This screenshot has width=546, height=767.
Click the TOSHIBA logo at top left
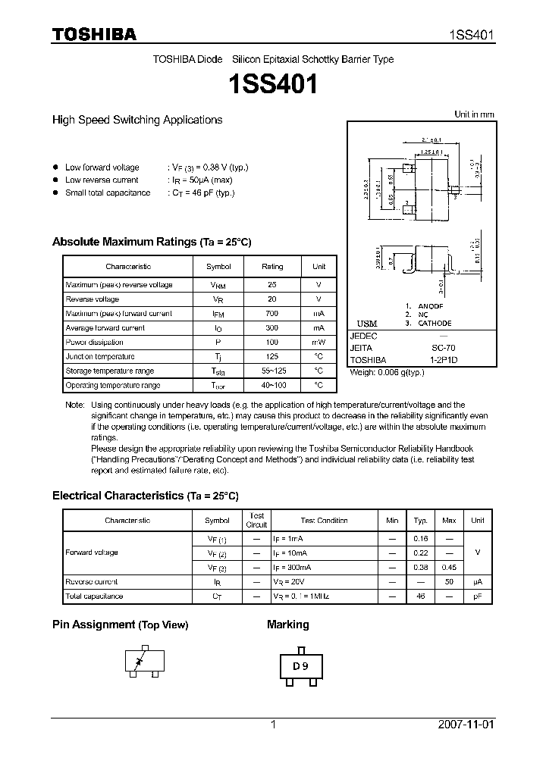[94, 34]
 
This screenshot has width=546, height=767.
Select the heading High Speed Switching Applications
[136, 120]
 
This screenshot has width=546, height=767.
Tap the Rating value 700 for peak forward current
[272, 314]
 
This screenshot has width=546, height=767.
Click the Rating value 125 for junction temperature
[272, 357]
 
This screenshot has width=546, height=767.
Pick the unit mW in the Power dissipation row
[318, 343]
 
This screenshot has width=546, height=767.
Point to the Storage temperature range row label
[110, 371]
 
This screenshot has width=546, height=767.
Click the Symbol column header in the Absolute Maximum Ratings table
[218, 267]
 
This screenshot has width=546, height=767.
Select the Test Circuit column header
[256, 520]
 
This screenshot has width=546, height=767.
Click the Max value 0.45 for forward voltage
[449, 568]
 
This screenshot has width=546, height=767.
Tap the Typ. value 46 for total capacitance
[419, 596]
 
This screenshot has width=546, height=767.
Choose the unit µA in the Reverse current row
[478, 582]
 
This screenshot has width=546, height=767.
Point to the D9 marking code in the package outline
[301, 668]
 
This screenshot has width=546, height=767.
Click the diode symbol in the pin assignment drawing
[138, 662]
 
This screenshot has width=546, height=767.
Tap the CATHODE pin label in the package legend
[435, 324]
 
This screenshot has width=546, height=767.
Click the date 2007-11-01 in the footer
[466, 725]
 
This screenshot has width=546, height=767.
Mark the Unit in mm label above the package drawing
[474, 114]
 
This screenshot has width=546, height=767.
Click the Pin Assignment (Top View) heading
[120, 625]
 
